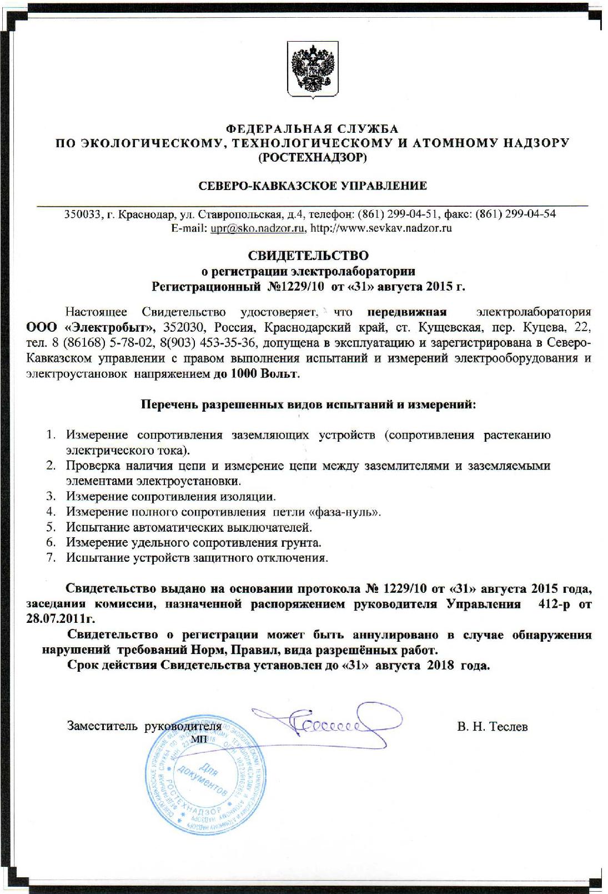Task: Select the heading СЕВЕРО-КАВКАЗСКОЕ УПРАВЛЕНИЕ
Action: (313, 186)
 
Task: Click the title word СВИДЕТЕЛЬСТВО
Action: (308, 256)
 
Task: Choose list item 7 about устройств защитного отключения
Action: (197, 558)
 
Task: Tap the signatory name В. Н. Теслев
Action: (493, 726)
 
